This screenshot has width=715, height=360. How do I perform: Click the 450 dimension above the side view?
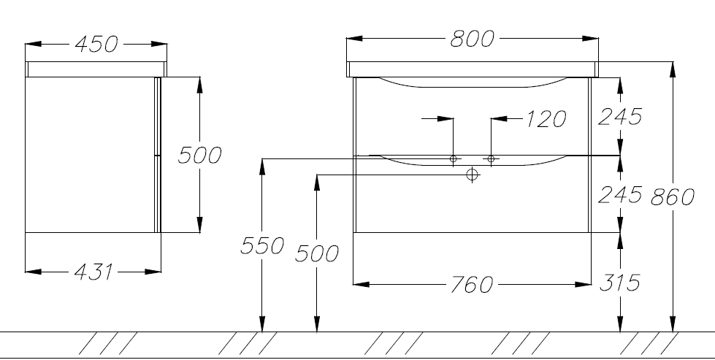[96, 45]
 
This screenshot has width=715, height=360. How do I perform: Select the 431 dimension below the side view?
[93, 272]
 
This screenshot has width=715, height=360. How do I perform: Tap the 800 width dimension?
[472, 39]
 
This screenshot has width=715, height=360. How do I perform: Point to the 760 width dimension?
[472, 285]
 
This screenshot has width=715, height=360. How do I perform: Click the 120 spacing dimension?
[546, 119]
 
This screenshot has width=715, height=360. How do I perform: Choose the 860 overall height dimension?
[672, 197]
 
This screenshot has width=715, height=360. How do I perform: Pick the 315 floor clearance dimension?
[620, 283]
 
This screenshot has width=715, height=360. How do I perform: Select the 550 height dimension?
[262, 245]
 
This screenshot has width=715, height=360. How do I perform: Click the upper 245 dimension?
[620, 117]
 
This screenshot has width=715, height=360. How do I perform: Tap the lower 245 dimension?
[620, 194]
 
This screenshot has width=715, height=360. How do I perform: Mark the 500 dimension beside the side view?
[199, 156]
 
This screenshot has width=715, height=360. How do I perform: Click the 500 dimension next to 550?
[317, 253]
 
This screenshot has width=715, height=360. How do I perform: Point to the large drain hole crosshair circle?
[472, 174]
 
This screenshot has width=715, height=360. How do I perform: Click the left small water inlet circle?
[454, 158]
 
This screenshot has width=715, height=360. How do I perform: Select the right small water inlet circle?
[491, 158]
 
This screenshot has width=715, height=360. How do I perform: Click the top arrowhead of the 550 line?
[261, 166]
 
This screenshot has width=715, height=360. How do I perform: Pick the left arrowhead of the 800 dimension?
[354, 38]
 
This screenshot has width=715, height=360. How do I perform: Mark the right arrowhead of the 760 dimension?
[584, 284]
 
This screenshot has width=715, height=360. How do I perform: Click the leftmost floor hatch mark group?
[108, 343]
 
